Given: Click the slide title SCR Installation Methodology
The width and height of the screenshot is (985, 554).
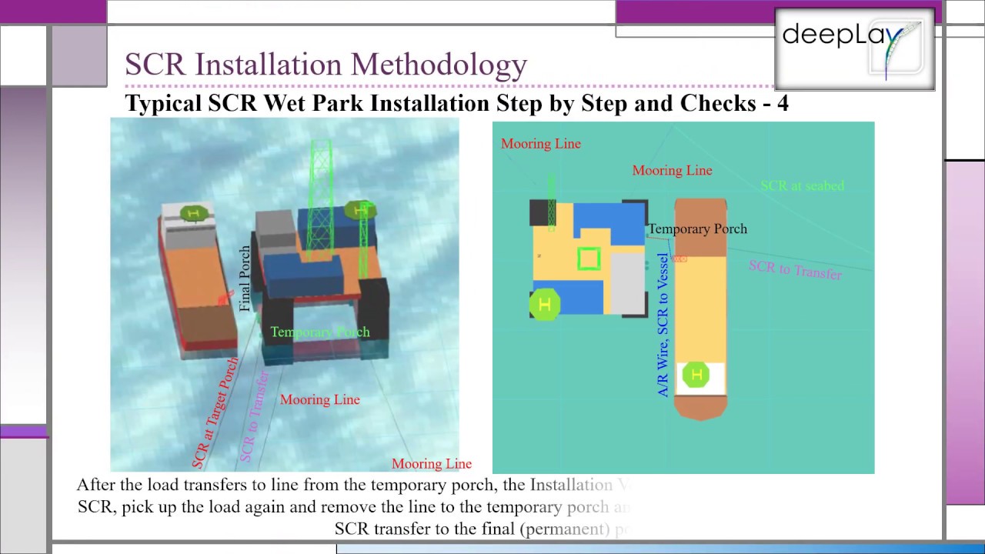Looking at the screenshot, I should pyautogui.click(x=326, y=65).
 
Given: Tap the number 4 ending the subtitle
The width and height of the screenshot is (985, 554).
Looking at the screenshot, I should pyautogui.click(x=782, y=103).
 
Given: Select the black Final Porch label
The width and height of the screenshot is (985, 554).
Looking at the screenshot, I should pyautogui.click(x=245, y=279).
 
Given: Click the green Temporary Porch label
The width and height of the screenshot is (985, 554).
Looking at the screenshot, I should pyautogui.click(x=319, y=332).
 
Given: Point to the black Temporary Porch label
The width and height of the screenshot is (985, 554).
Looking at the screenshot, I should pyautogui.click(x=697, y=229).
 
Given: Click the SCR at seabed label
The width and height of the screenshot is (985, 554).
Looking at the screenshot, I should pyautogui.click(x=802, y=185).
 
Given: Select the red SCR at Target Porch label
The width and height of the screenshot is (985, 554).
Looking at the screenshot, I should pyautogui.click(x=215, y=412).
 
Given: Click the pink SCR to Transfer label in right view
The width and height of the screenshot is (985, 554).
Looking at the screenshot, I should pyautogui.click(x=795, y=270).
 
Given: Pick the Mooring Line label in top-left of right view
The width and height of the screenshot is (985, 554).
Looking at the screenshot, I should pyautogui.click(x=540, y=144).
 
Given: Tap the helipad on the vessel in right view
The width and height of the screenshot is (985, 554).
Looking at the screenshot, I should pyautogui.click(x=697, y=375).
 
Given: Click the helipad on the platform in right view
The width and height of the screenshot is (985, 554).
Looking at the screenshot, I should pyautogui.click(x=545, y=305).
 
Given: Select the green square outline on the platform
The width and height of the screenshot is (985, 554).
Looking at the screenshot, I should pyautogui.click(x=589, y=259).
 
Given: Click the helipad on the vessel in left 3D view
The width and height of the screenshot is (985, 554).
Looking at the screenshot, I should pyautogui.click(x=193, y=213).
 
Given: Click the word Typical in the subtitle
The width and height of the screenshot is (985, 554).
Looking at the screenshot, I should pyautogui.click(x=163, y=103).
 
